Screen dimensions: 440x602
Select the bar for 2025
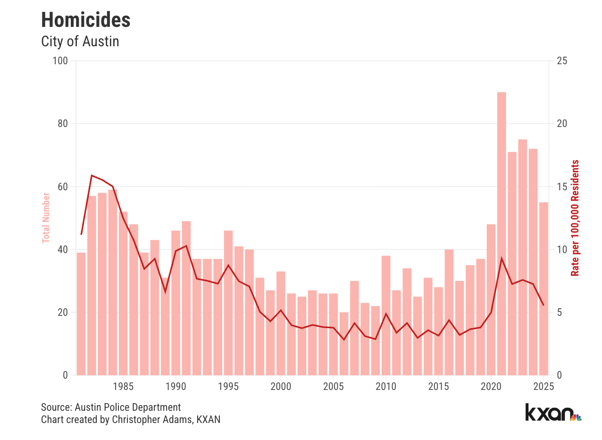(x=543, y=288)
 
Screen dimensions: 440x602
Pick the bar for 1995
(x=228, y=303)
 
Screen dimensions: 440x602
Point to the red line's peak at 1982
(x=92, y=176)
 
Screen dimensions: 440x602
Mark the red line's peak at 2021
(x=502, y=258)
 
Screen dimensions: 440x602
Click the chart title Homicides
(x=86, y=20)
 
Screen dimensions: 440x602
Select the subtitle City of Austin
(x=80, y=42)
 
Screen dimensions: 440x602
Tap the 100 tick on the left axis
(x=62, y=61)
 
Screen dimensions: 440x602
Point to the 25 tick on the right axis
(x=562, y=61)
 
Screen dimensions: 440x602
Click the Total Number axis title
(x=46, y=218)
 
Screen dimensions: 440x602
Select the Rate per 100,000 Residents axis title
(x=575, y=218)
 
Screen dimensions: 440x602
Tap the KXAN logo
(x=552, y=412)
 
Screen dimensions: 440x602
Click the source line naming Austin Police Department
(x=111, y=407)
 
